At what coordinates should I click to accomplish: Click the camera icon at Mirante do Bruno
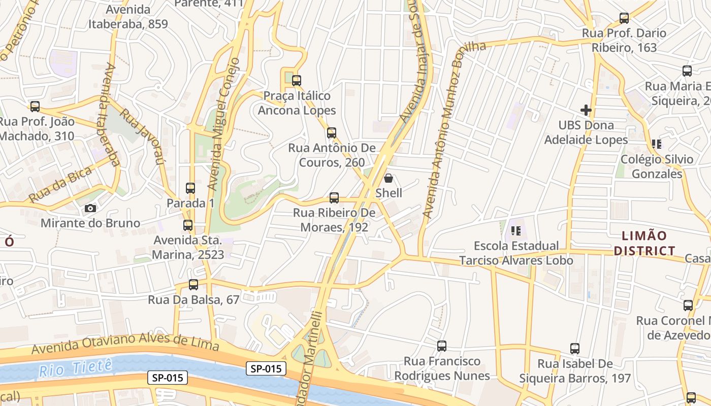(90, 208)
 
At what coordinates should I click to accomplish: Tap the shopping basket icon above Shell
(389, 178)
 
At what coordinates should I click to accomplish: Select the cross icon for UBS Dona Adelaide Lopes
(586, 110)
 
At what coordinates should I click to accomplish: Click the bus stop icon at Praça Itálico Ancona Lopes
(297, 80)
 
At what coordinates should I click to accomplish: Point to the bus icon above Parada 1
(190, 188)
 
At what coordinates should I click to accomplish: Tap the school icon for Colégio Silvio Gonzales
(657, 144)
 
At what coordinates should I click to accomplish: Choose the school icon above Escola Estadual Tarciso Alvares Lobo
(516, 231)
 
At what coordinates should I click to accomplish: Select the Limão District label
(644, 243)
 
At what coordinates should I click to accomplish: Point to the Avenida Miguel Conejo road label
(224, 124)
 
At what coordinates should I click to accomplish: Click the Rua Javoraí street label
(144, 137)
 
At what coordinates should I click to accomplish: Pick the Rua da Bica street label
(60, 184)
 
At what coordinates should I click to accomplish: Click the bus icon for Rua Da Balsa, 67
(193, 285)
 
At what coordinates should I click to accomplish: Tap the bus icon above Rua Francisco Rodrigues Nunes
(442, 346)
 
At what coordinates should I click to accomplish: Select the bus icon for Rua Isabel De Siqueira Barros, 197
(575, 349)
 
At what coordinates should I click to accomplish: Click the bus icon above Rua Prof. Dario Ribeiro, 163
(624, 18)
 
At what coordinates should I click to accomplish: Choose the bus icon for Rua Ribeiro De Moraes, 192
(334, 198)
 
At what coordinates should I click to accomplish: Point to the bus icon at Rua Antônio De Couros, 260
(332, 133)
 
